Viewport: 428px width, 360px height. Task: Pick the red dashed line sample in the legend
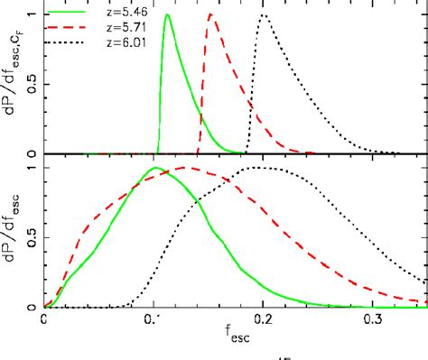pos(70,29)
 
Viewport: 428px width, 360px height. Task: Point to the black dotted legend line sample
pos(70,42)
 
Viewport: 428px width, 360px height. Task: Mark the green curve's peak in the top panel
pos(167,15)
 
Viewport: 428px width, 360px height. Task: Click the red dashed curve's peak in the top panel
pos(210,15)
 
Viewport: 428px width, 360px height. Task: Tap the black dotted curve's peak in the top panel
pos(265,15)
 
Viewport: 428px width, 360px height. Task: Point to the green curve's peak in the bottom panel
pos(156,168)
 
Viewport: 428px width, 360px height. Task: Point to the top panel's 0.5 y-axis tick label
pos(30,85)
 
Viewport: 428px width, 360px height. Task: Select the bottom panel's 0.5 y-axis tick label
pos(30,238)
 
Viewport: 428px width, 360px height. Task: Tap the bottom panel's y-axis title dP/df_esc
pos(11,236)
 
